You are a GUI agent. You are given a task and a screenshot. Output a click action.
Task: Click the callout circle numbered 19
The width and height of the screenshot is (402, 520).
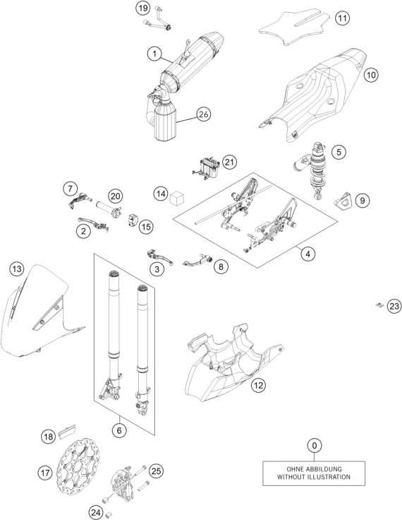tap(143, 8)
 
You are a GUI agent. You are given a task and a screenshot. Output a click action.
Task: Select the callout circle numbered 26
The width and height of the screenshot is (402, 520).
tap(203, 114)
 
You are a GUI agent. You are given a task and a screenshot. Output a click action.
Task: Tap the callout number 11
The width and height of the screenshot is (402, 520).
tap(342, 18)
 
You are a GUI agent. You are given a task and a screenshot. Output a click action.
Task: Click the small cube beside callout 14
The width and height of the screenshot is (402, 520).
tap(176, 198)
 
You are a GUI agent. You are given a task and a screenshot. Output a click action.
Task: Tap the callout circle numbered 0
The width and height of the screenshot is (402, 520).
tap(315, 445)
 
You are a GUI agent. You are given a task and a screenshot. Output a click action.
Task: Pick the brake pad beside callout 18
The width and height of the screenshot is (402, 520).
tap(68, 431)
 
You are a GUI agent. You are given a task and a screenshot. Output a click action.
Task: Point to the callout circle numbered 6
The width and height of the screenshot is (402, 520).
tap(119, 430)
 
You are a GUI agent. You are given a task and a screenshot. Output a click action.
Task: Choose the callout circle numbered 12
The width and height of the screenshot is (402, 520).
tap(258, 385)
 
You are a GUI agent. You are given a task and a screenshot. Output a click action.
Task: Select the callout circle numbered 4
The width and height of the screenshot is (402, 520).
tap(308, 254)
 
